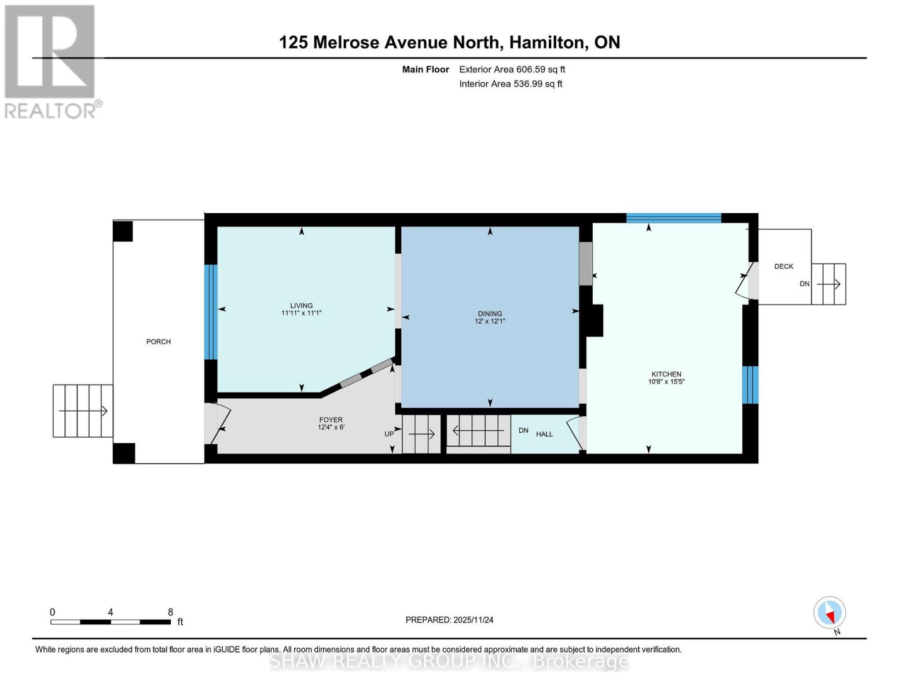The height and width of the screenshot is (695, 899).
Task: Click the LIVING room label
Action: pyautogui.click(x=301, y=305)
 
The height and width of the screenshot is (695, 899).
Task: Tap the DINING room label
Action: pyautogui.click(x=490, y=313)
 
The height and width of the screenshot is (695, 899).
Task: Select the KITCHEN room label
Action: pyautogui.click(x=666, y=374)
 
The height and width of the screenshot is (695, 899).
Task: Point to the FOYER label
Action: pyautogui.click(x=331, y=420)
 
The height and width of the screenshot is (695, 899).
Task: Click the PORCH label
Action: pyautogui.click(x=158, y=342)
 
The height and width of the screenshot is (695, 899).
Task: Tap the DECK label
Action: pyautogui.click(x=784, y=266)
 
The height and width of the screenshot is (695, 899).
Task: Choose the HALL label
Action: pyautogui.click(x=544, y=434)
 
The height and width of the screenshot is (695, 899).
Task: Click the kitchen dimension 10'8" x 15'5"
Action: pyautogui.click(x=666, y=382)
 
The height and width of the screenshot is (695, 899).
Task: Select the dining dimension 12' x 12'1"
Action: pyautogui.click(x=490, y=321)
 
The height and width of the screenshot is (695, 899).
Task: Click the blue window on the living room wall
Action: pyautogui.click(x=211, y=312)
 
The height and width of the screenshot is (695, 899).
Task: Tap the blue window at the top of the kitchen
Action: pyautogui.click(x=673, y=218)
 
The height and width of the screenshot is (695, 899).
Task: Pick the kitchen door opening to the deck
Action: pyautogui.click(x=746, y=282)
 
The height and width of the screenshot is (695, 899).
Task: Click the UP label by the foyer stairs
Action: pyautogui.click(x=389, y=434)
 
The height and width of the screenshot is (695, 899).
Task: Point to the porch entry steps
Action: pyautogui.click(x=83, y=411)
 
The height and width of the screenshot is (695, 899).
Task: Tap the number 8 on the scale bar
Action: pyautogui.click(x=170, y=612)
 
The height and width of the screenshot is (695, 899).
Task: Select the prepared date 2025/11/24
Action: pyautogui.click(x=449, y=620)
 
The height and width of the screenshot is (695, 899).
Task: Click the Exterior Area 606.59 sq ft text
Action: pyautogui.click(x=512, y=69)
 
